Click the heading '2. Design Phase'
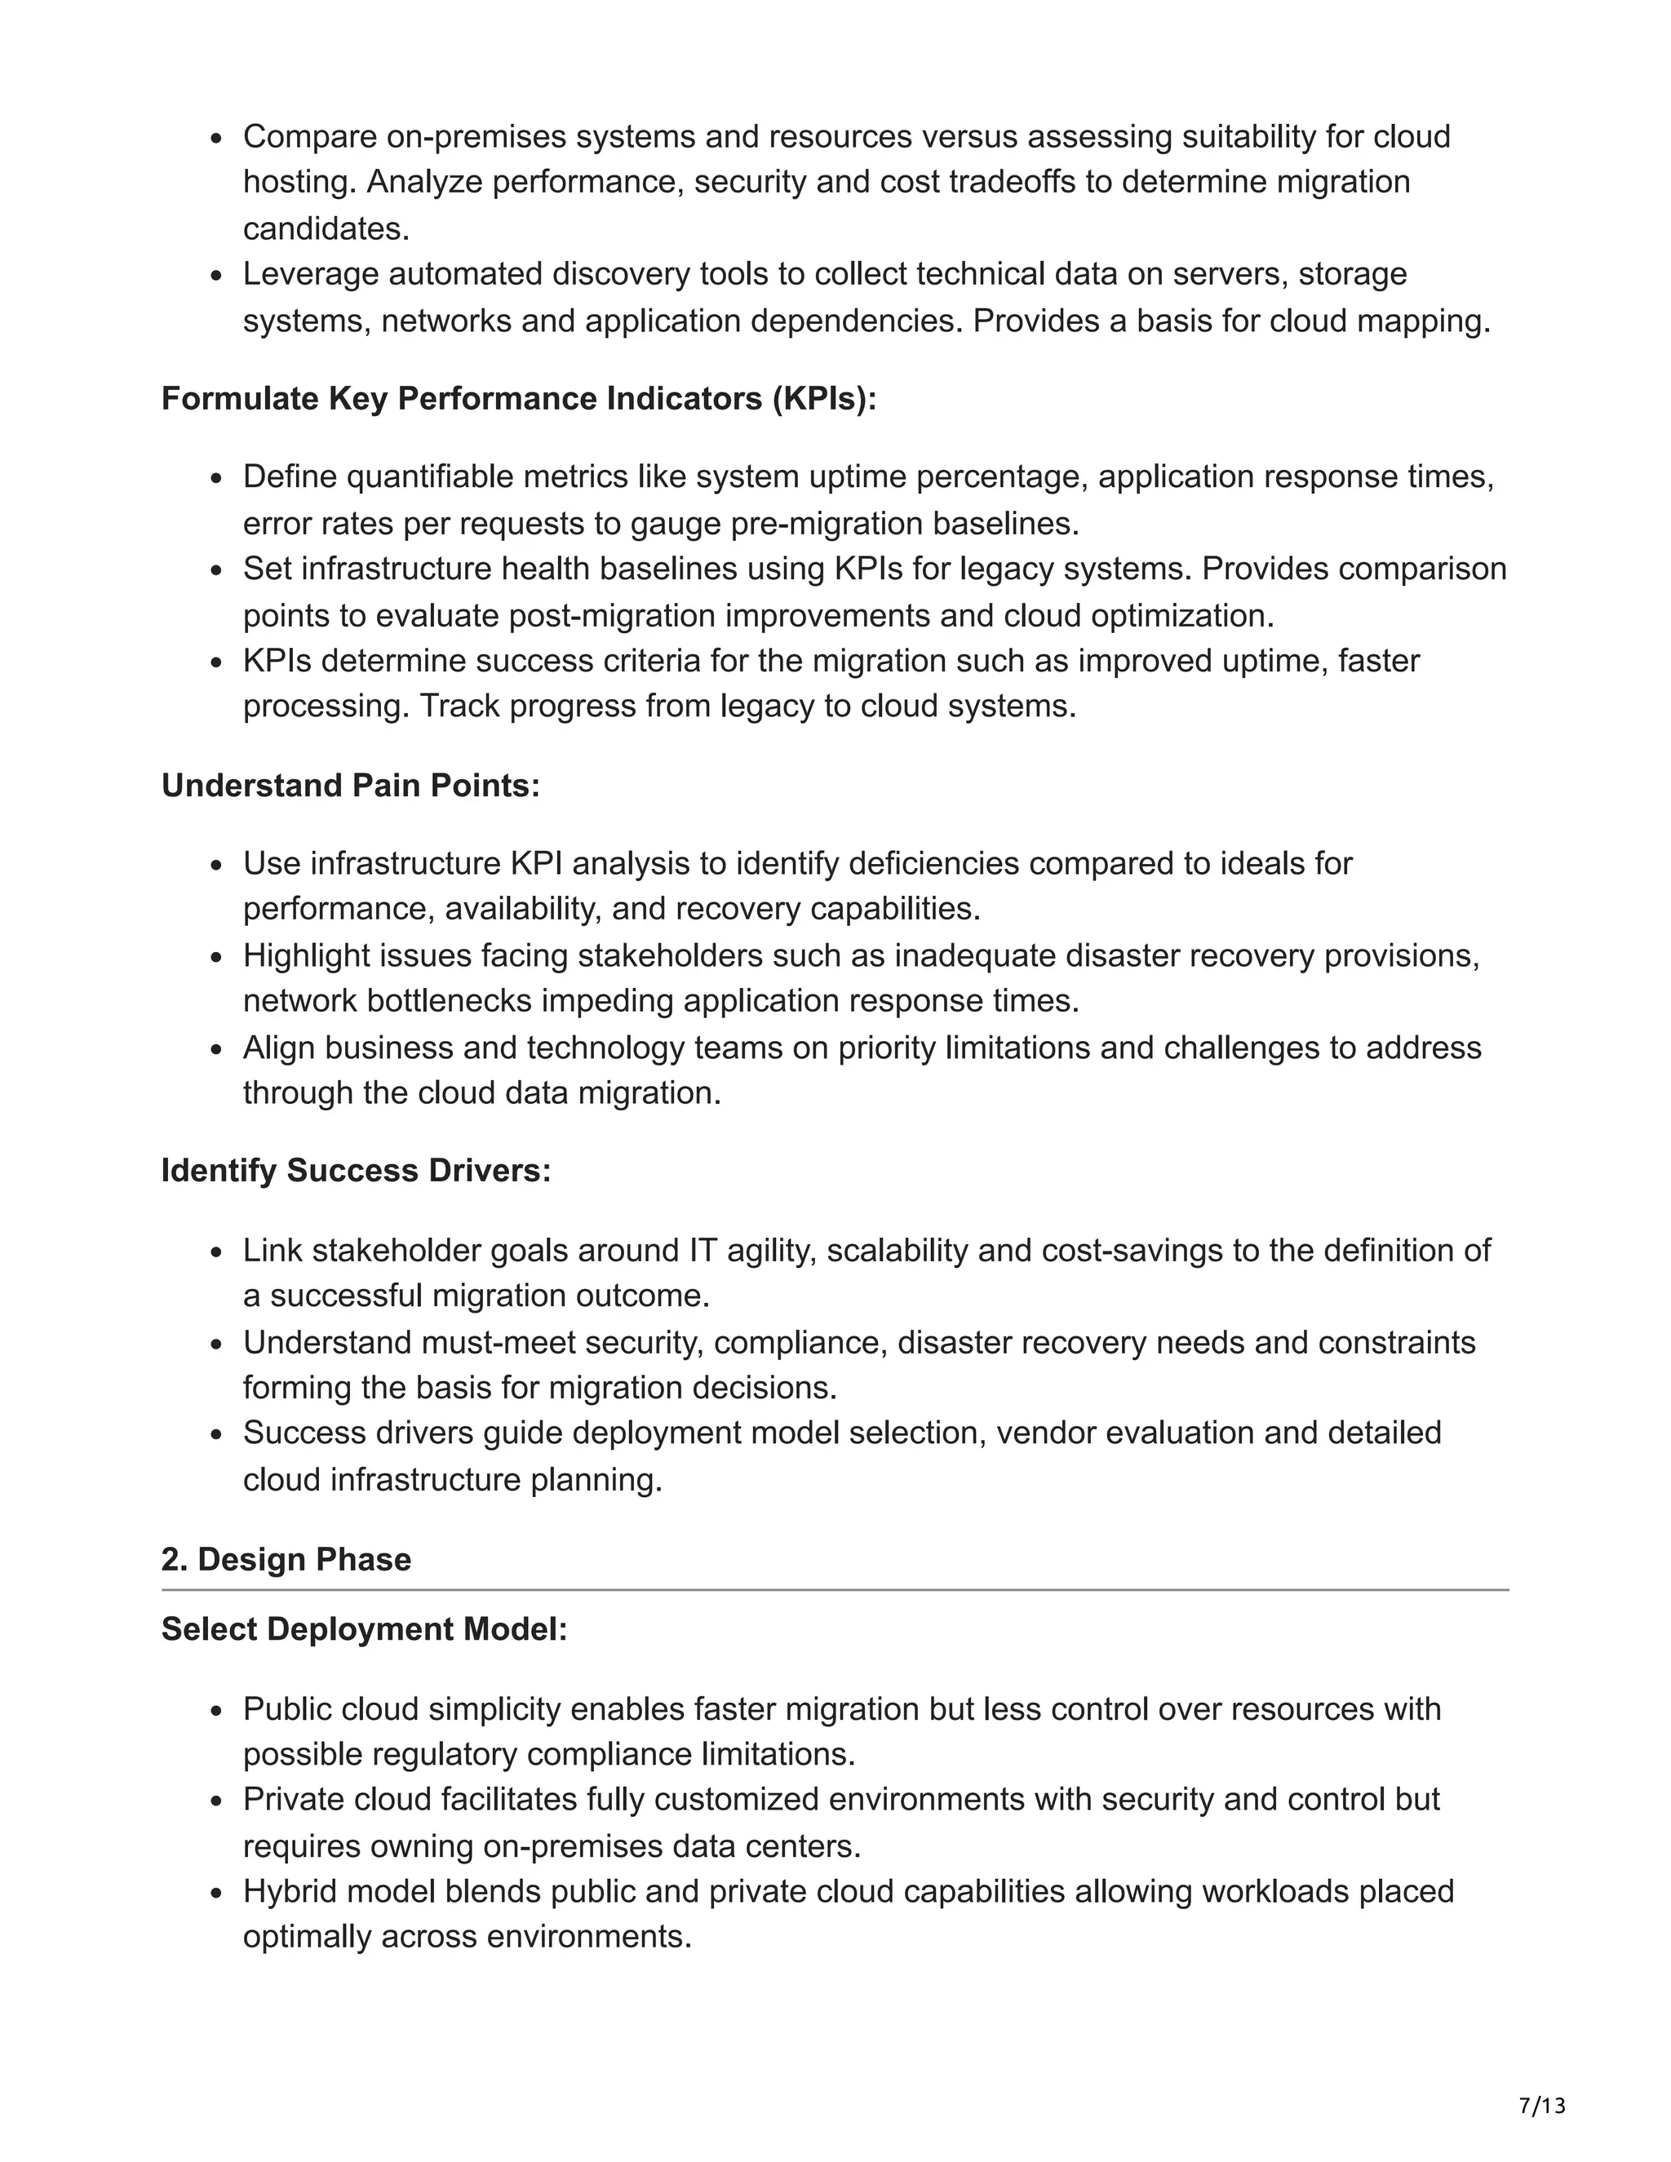tap(286, 1559)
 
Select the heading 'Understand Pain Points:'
tap(350, 785)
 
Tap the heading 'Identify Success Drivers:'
tap(356, 1170)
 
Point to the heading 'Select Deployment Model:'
tap(364, 1628)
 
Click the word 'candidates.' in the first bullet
tap(326, 228)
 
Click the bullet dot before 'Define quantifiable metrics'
tap(218, 479)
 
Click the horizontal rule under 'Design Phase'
tap(835, 1591)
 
